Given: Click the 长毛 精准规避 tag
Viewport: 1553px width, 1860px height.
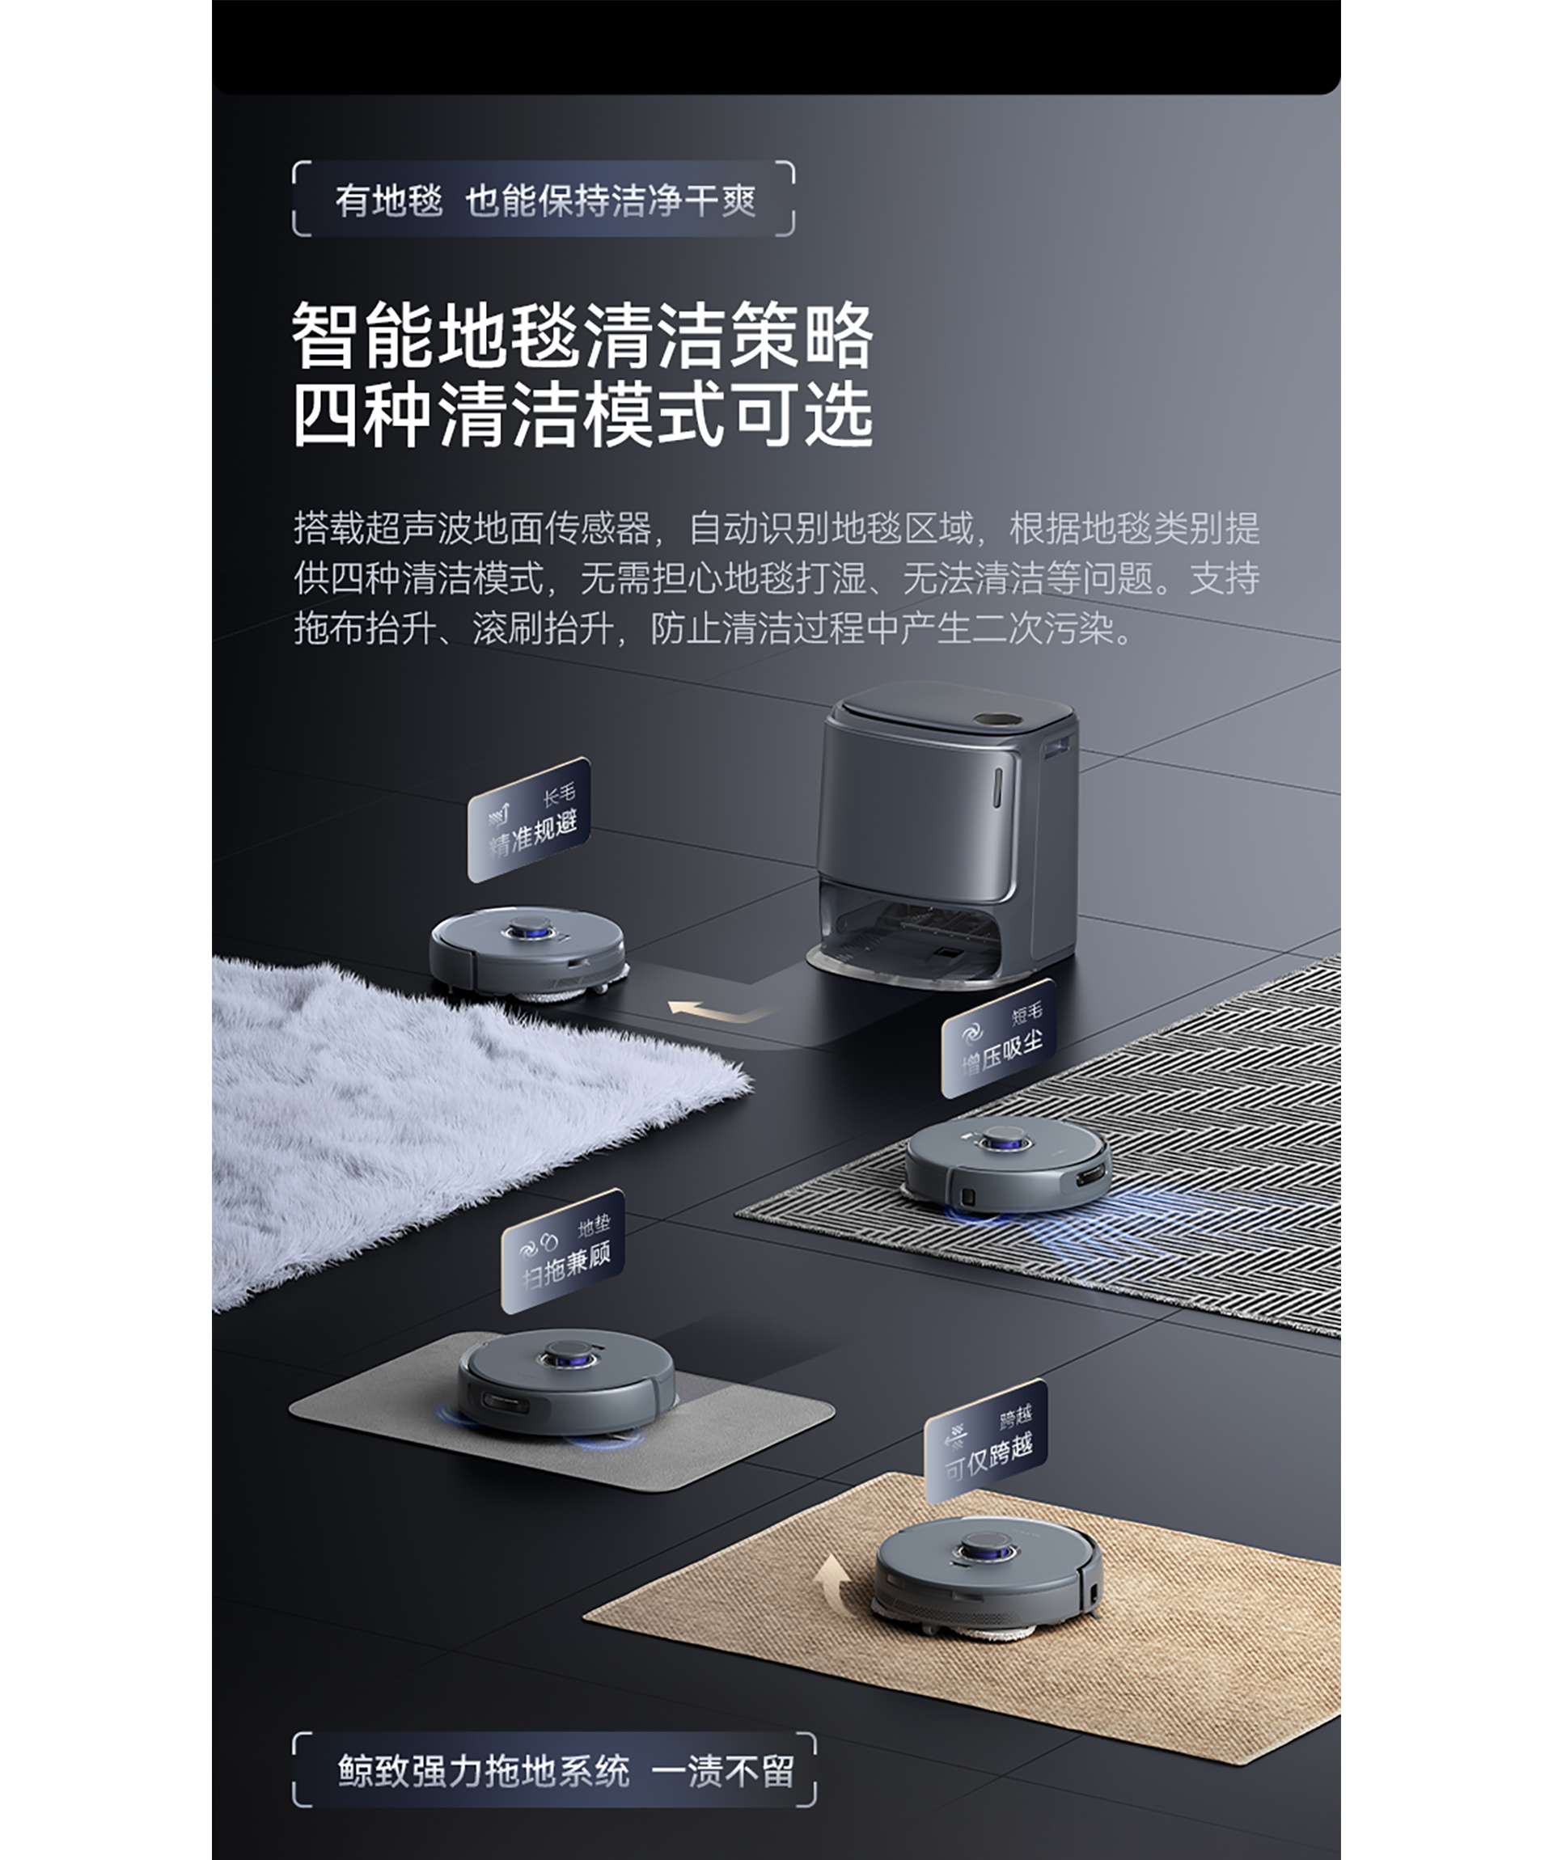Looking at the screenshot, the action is coord(529,820).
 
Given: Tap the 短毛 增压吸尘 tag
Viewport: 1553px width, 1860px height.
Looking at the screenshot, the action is coord(998,1039).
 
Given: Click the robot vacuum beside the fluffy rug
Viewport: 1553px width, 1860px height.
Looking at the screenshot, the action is coord(529,953).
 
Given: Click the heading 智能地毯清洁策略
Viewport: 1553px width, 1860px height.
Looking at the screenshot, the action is coord(583,336).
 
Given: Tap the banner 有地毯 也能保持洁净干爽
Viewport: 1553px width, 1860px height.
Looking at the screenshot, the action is coord(544,199).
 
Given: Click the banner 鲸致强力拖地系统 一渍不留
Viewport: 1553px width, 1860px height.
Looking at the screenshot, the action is coord(555,1770).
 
